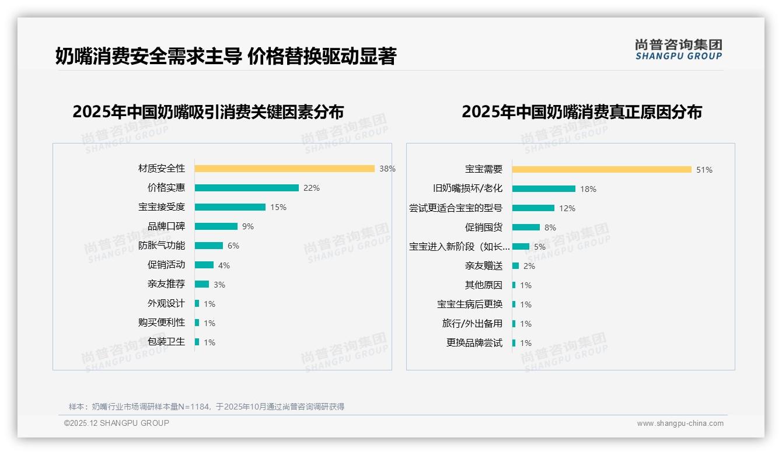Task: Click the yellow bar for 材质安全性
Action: (284, 169)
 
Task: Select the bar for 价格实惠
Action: (246, 188)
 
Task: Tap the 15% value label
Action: (278, 207)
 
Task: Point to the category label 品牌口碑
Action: (166, 226)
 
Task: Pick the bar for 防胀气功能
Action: (208, 246)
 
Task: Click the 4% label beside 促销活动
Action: (224, 265)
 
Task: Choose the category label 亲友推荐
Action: (166, 284)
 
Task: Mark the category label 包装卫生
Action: (166, 342)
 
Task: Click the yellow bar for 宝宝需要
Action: (602, 170)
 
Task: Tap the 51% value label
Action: (704, 170)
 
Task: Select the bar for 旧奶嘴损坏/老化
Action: (543, 188)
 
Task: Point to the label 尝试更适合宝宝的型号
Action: (455, 208)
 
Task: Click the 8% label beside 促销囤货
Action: (550, 228)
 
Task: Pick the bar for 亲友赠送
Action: (515, 266)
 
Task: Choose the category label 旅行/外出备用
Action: (472, 324)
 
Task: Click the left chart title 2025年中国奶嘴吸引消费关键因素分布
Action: (208, 111)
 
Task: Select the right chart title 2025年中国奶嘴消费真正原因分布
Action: (581, 111)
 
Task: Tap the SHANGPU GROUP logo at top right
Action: (678, 50)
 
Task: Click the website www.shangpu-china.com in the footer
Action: (680, 423)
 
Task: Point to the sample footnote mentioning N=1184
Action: (207, 407)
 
